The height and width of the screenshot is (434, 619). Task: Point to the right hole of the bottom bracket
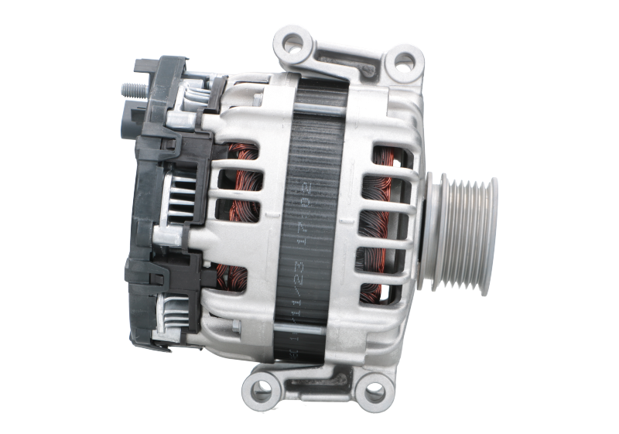tap(374, 390)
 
